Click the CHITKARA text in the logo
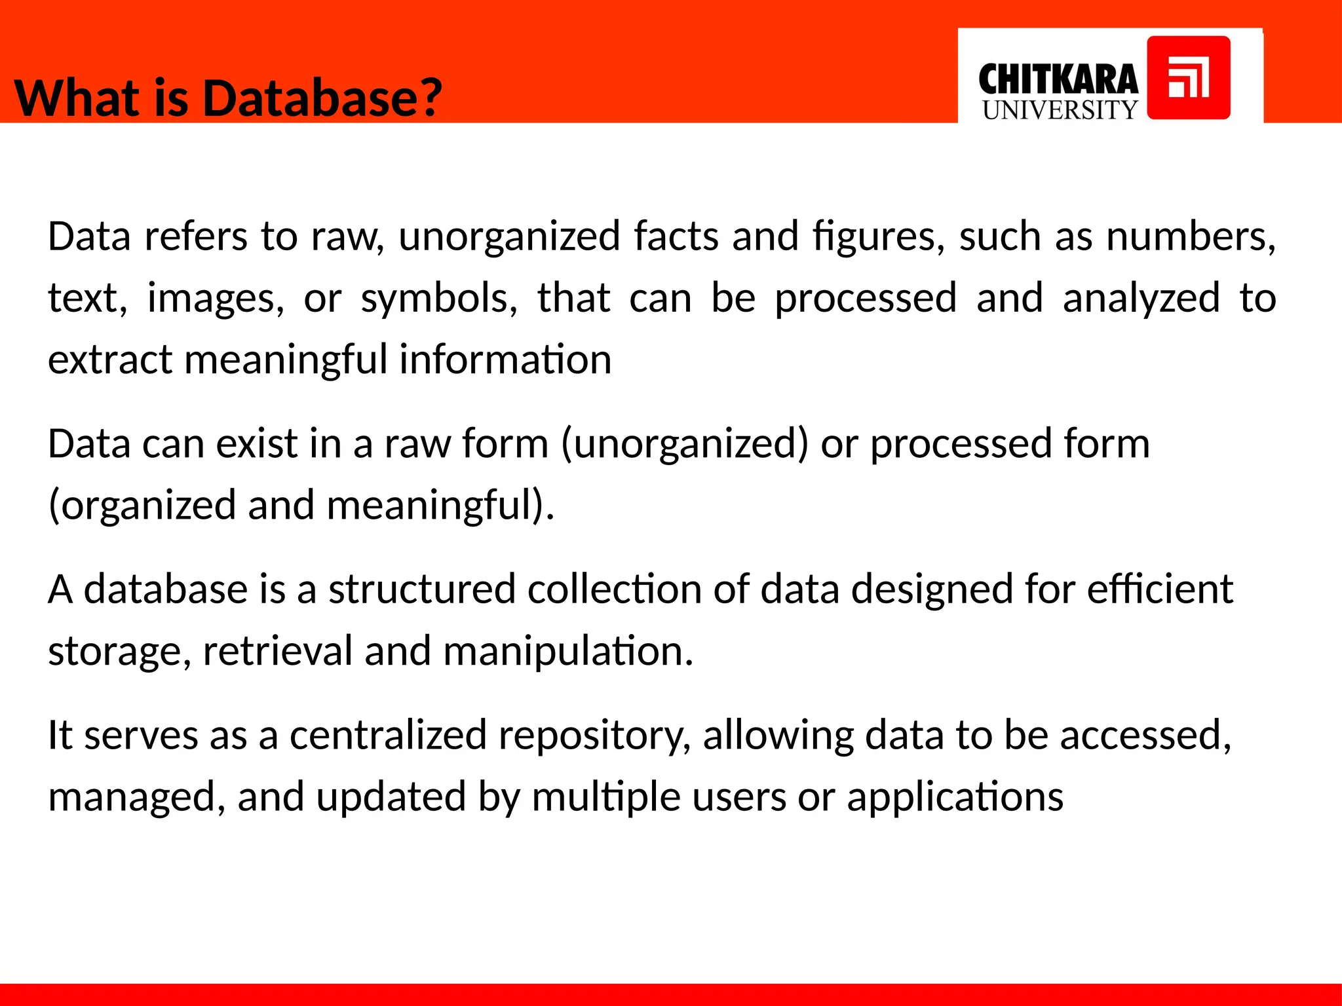point(1058,80)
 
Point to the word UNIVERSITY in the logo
point(1060,110)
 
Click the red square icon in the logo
point(1189,78)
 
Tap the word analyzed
point(1141,299)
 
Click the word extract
point(110,360)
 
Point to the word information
point(505,360)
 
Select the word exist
point(257,444)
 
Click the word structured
point(422,589)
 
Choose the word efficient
point(1160,589)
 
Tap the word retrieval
point(278,651)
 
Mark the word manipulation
point(567,651)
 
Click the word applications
point(955,798)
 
